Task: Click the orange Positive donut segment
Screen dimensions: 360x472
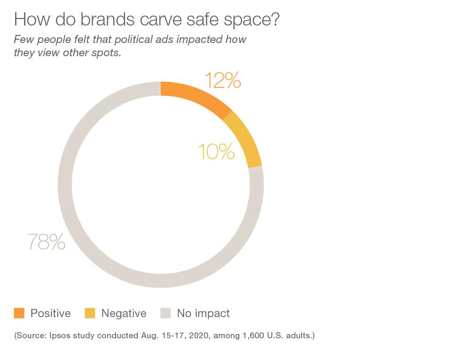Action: (196, 97)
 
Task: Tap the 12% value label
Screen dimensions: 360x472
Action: (222, 81)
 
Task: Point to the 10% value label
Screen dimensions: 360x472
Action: (216, 152)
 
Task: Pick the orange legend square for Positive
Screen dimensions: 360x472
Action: (19, 313)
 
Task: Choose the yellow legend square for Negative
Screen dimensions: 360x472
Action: (90, 313)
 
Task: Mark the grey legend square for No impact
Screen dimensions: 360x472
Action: (165, 313)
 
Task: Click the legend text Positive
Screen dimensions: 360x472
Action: (51, 313)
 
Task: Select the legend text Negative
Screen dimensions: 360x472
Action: (124, 313)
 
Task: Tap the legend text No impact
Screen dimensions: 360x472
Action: (203, 313)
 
